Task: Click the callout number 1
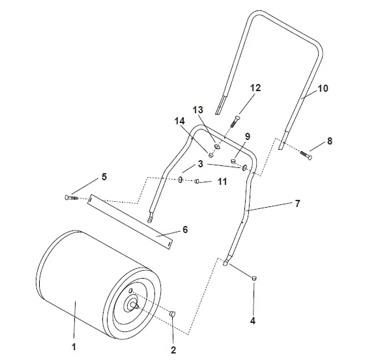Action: [74, 347]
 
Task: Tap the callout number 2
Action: [173, 350]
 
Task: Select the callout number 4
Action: [253, 321]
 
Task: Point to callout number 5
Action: [104, 177]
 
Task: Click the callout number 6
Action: [185, 230]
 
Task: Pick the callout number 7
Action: [298, 204]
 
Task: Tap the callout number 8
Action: [330, 141]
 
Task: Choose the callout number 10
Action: [323, 89]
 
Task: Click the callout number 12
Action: [255, 88]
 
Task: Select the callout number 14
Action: [180, 121]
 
